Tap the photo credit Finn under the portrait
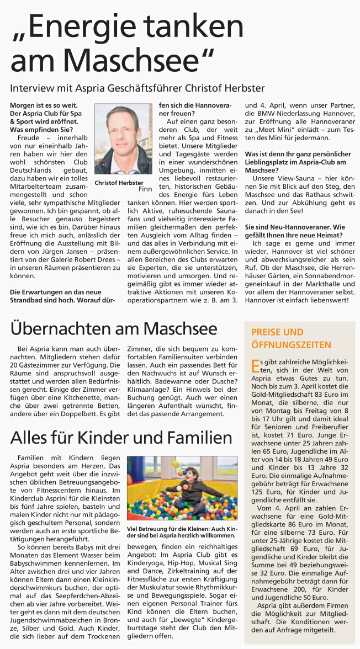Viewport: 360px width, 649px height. [145, 189]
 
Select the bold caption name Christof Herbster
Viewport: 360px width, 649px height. [119, 183]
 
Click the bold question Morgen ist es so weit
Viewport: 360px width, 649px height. [44, 105]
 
